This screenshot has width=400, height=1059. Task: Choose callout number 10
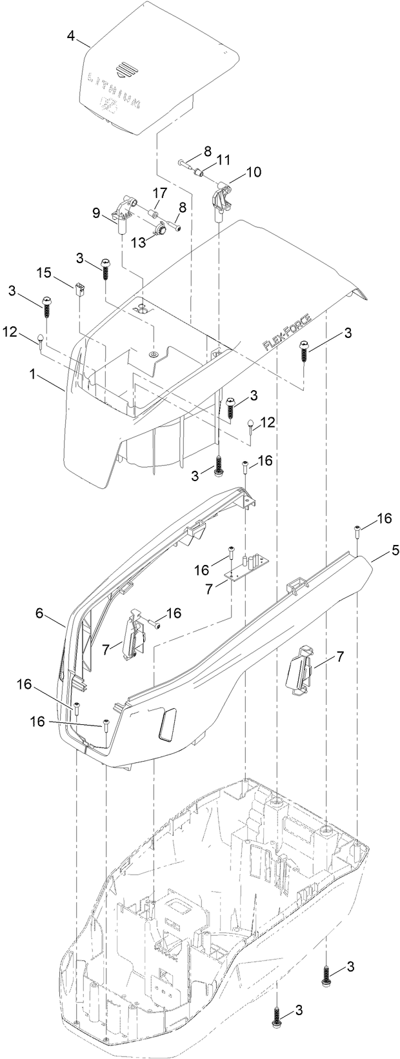point(254,172)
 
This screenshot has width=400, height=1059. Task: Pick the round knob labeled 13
point(161,228)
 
